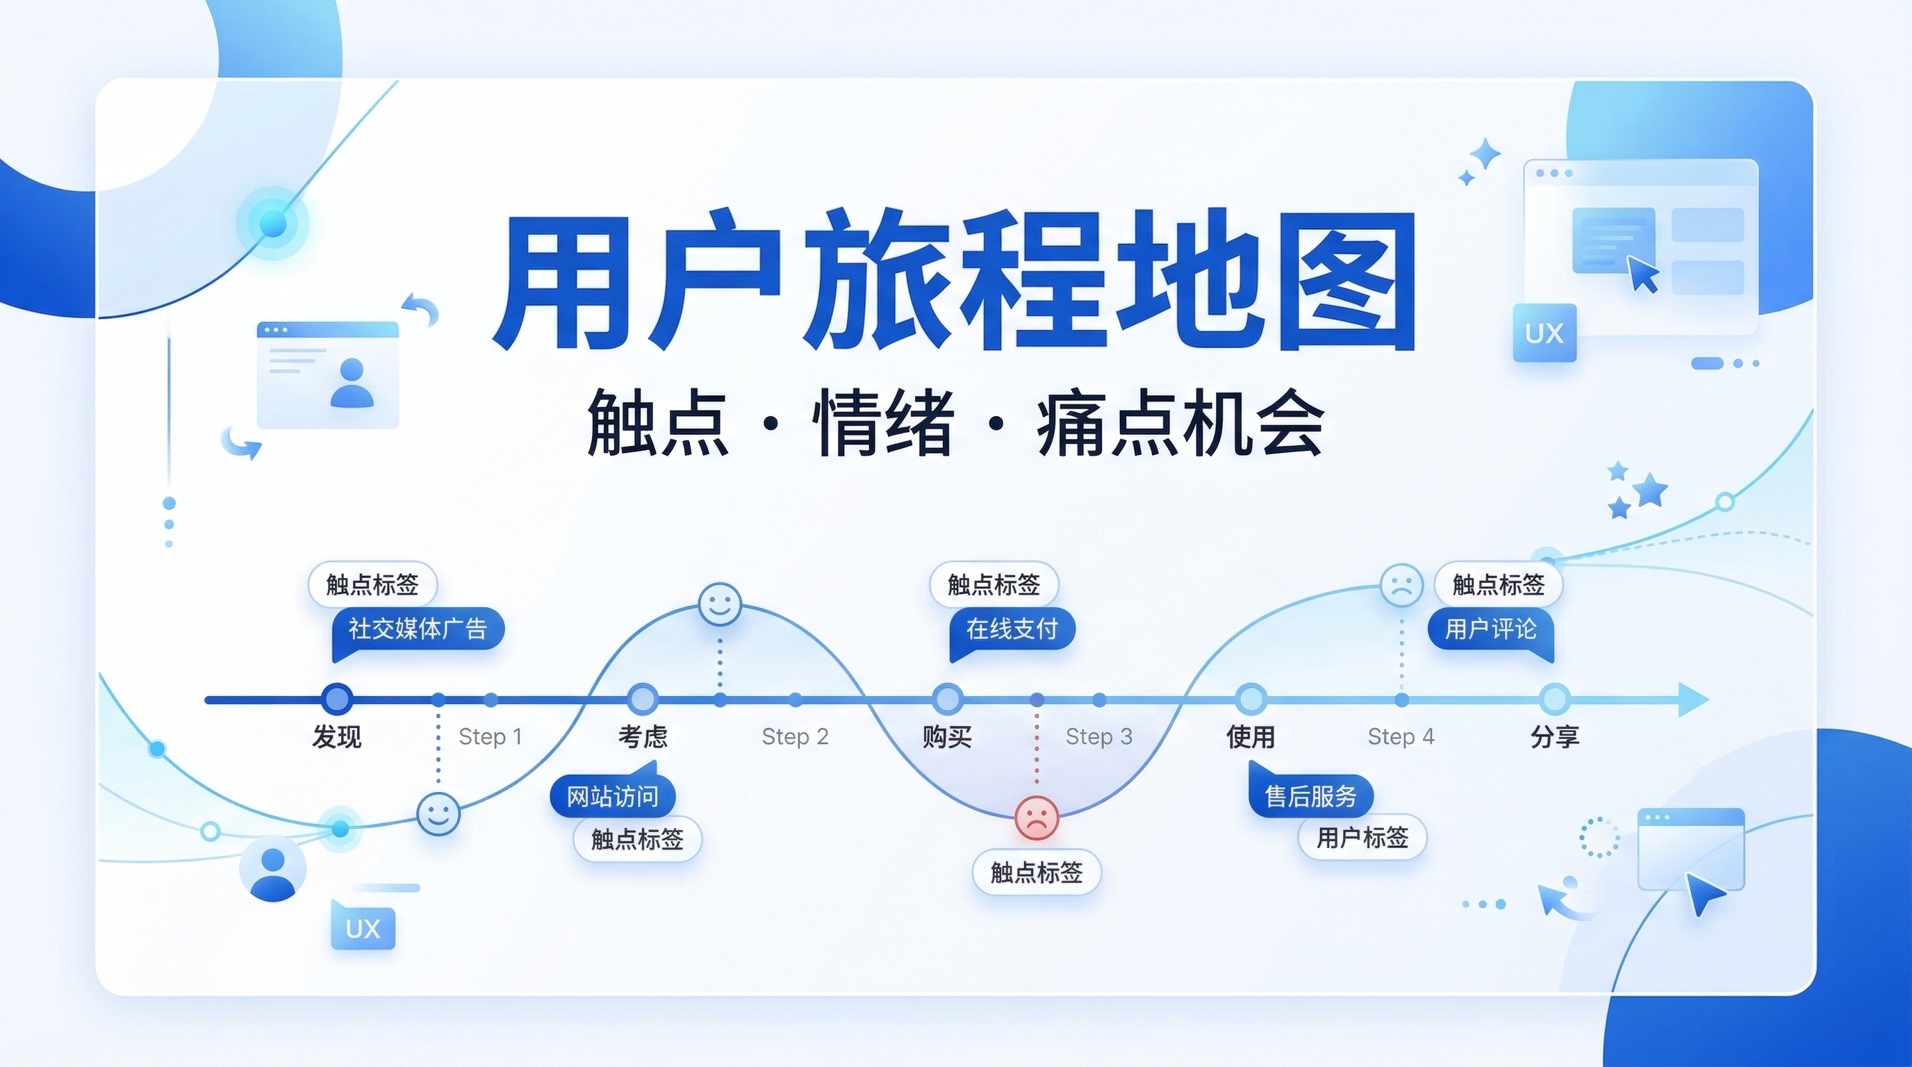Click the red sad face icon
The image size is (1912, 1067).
(1036, 817)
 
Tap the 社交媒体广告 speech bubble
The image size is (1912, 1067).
(418, 629)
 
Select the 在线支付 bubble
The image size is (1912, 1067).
(1012, 629)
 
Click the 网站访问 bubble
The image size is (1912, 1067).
(612, 796)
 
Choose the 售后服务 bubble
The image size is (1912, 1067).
(1311, 796)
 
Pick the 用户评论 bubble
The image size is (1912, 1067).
(1490, 629)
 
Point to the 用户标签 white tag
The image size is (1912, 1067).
(1362, 838)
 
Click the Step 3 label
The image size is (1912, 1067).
(1098, 737)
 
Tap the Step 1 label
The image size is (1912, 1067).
(490, 737)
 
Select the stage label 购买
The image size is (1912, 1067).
(946, 737)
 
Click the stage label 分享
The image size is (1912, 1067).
(1554, 737)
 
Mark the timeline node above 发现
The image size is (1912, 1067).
(338, 699)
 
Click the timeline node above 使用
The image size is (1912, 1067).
(1251, 699)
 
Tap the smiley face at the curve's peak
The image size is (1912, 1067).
(720, 604)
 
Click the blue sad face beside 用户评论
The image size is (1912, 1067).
(1401, 586)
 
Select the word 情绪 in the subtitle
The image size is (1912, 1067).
(883, 425)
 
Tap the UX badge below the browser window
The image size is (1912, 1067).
(1544, 333)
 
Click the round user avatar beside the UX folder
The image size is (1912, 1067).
(272, 869)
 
